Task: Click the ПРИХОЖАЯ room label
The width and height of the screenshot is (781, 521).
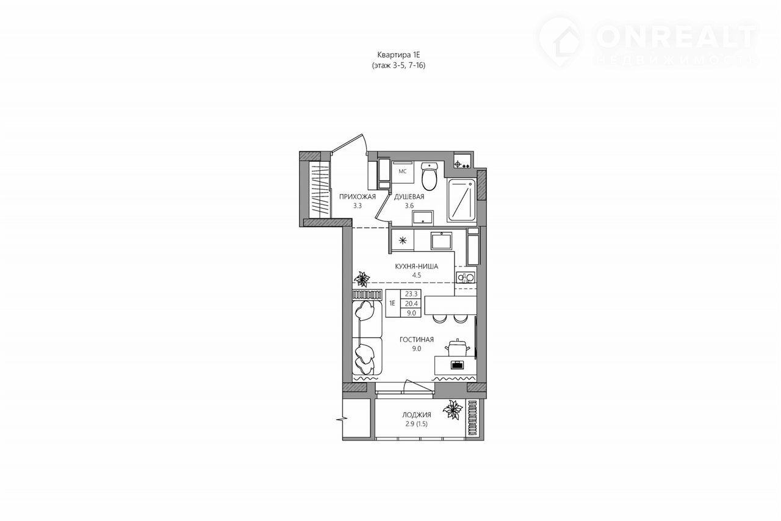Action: [358, 196]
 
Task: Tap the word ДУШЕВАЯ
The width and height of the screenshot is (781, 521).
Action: [409, 196]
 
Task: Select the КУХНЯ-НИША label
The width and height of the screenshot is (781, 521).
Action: [416, 267]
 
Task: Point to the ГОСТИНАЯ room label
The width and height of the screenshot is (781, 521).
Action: [417, 339]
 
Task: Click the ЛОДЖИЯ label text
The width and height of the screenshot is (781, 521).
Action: [417, 415]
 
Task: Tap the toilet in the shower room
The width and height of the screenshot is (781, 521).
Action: [428, 176]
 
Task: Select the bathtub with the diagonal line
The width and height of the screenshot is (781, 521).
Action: [462, 201]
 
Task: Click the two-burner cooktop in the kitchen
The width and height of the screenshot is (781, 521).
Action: [466, 278]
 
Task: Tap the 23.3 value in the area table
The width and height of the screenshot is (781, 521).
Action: [411, 294]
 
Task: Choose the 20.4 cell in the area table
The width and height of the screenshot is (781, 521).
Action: [411, 304]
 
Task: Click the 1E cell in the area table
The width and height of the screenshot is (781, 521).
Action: [392, 303]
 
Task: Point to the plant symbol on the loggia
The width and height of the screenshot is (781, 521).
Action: [453, 409]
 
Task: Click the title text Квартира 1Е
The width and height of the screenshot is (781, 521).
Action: [399, 55]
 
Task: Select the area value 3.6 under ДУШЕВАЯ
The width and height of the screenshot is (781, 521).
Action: [409, 206]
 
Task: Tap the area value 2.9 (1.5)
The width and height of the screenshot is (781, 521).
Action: [414, 424]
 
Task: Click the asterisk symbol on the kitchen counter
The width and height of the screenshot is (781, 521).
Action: [403, 240]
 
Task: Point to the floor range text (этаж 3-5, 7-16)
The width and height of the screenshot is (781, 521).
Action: [399, 65]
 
